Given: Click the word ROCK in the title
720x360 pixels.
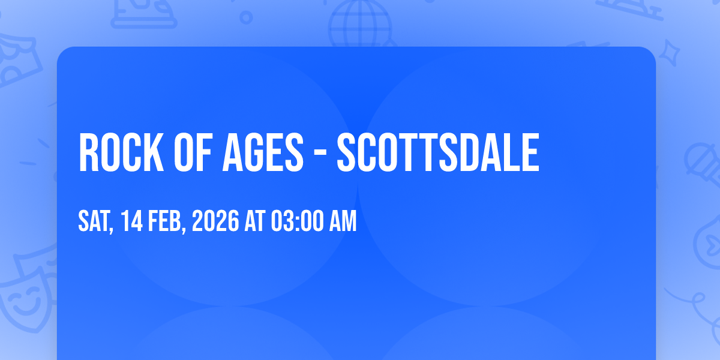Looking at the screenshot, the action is coord(121,152).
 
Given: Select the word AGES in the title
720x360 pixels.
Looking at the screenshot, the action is coord(263,152).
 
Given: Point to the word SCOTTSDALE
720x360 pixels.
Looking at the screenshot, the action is coord(438,152).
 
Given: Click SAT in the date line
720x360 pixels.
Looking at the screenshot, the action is coord(96,221).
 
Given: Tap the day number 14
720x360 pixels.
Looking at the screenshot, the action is coord(132,221).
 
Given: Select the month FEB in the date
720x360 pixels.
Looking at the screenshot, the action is coord(167,221).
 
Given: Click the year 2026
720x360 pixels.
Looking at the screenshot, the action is coord(215,221).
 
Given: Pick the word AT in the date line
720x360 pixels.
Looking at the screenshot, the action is coord(255,221).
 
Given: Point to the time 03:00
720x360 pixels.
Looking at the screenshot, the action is coord(297,221).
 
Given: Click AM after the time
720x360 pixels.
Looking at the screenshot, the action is coord(343,221).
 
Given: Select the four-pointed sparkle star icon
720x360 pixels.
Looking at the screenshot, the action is coord(669,53).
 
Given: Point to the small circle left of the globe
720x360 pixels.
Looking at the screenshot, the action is coord(246,17).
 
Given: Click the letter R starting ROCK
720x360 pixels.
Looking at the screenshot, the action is coord(89,152).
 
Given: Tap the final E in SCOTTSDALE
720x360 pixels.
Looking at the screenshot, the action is coord(530,152).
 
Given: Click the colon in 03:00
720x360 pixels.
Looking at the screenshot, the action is coord(297,222).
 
